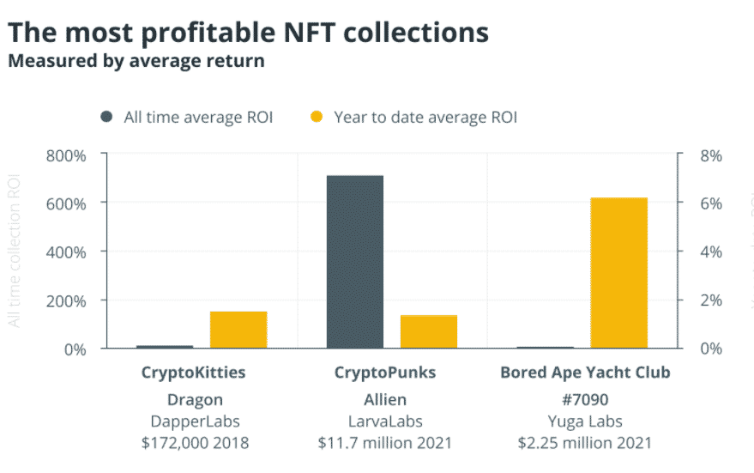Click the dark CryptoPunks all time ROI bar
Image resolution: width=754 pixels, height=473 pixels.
354,262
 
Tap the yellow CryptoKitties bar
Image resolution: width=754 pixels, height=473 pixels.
238,330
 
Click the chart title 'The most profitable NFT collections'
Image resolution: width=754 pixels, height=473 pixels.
249,33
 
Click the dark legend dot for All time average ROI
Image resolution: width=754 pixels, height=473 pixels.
106,117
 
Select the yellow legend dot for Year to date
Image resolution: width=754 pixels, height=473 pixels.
317,117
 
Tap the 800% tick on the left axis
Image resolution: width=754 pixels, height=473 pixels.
65,155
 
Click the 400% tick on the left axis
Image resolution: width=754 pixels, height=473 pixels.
65,252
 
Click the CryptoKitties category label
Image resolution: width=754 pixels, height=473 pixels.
193,373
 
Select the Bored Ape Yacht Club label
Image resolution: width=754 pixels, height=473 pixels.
584,373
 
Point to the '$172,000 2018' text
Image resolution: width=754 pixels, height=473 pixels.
193,443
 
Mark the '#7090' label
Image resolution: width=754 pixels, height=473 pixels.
584,399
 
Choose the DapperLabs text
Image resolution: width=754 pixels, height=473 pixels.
193,421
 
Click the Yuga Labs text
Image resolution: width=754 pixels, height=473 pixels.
584,421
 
